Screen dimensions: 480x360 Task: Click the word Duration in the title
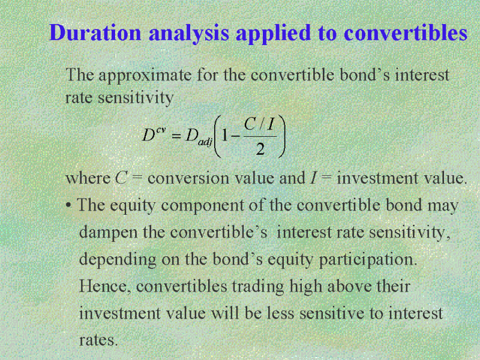click(x=95, y=32)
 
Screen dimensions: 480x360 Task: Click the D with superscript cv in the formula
click(x=154, y=134)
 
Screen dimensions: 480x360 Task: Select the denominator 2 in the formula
click(x=260, y=149)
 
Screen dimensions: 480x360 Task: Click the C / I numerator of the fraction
click(x=259, y=124)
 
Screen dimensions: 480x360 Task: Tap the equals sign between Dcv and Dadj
click(x=176, y=136)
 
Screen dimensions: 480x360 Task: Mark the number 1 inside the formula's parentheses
click(x=224, y=136)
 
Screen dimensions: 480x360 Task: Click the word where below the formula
click(x=88, y=178)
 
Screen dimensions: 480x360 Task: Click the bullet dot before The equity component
click(x=68, y=205)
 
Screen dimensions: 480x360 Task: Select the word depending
click(x=118, y=260)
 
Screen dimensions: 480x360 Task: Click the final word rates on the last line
click(x=98, y=340)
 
